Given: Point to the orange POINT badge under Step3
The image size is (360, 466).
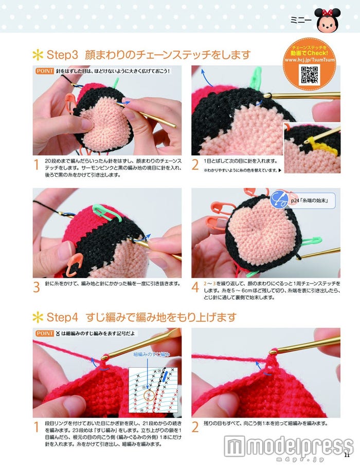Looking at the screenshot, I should click(x=44, y=71).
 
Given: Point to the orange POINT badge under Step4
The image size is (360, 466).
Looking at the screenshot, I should click(x=44, y=333).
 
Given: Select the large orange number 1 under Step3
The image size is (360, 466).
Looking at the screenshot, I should click(x=37, y=165).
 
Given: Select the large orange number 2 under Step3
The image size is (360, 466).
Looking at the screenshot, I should click(x=195, y=165).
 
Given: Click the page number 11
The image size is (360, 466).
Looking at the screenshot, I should click(x=347, y=454).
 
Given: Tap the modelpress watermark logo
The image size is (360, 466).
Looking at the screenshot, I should click(x=288, y=446).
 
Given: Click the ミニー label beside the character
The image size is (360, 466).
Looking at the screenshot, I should click(x=301, y=21).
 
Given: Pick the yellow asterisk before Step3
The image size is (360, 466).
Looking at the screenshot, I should click(x=38, y=54).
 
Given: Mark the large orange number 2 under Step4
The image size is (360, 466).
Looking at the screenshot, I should click(x=195, y=427).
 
